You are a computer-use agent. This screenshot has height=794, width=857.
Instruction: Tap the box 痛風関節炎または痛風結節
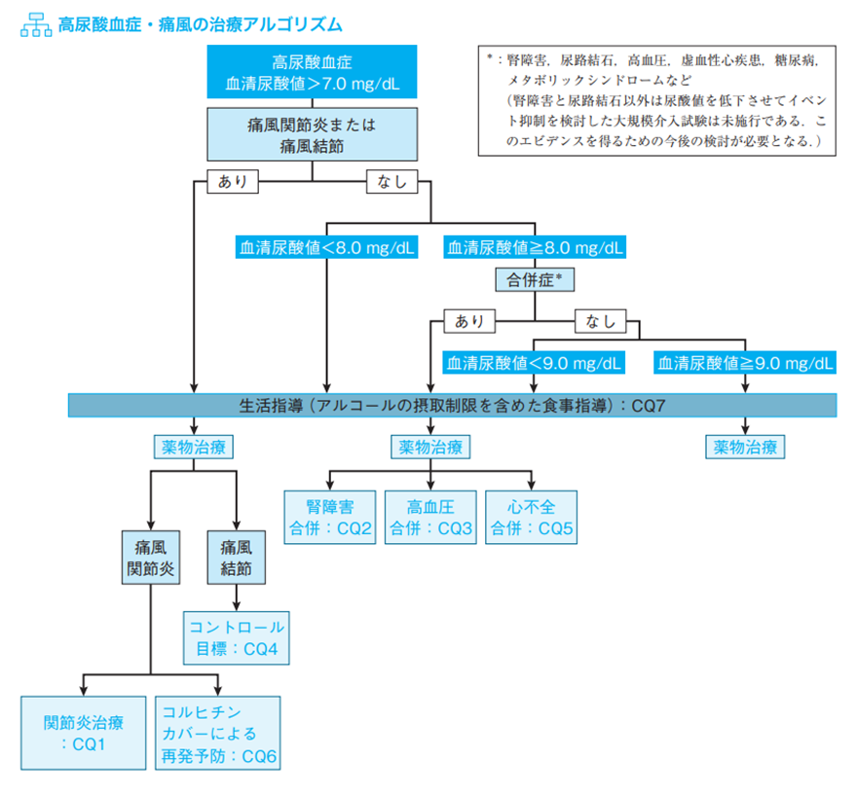(311, 134)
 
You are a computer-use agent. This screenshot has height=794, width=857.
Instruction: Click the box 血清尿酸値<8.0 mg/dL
(326, 248)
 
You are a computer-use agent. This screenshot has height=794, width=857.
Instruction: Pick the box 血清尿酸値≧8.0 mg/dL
(534, 248)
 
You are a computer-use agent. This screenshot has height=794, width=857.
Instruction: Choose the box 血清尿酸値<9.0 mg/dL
(534, 363)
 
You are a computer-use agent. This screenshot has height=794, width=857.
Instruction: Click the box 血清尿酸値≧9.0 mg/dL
(746, 363)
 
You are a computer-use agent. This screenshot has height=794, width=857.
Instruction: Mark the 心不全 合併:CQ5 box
(533, 517)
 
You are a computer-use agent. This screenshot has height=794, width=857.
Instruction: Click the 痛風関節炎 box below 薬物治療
(150, 557)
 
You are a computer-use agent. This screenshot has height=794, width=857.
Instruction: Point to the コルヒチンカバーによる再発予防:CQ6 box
(217, 733)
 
